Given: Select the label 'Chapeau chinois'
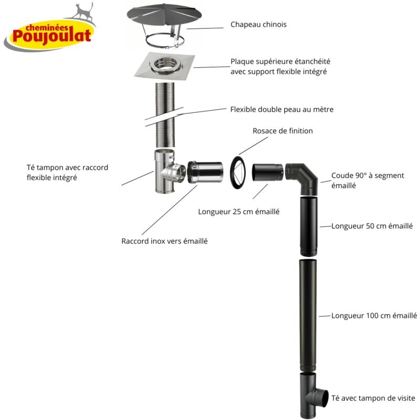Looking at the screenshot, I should (259, 25).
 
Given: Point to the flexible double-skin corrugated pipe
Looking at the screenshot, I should (166, 115).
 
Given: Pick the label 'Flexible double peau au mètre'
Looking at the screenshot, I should (282, 110).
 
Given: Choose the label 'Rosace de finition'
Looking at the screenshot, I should (282, 131).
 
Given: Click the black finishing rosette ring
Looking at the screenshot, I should (239, 172).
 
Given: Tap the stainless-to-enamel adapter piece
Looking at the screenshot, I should (205, 173).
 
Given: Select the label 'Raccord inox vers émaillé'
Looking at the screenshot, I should (164, 241).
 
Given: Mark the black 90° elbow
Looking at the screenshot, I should (303, 177).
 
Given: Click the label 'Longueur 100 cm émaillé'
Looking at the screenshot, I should (374, 316).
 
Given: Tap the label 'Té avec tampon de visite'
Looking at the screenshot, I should (373, 399).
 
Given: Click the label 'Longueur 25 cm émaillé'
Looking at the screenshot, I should (238, 212).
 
